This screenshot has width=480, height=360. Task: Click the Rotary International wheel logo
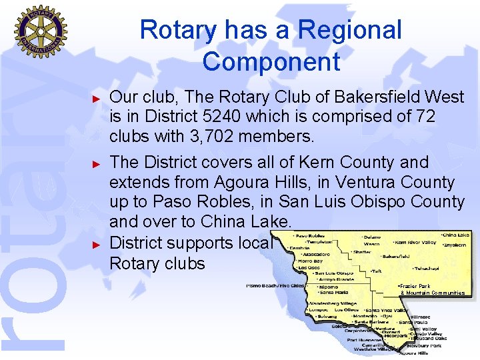[x=41, y=31]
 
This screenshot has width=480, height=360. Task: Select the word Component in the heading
[x=271, y=62]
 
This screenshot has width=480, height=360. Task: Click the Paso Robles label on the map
[x=311, y=236]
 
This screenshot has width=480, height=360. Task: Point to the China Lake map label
[x=455, y=235]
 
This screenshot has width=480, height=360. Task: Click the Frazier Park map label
[x=415, y=286]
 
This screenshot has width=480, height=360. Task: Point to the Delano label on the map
[x=371, y=237]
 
